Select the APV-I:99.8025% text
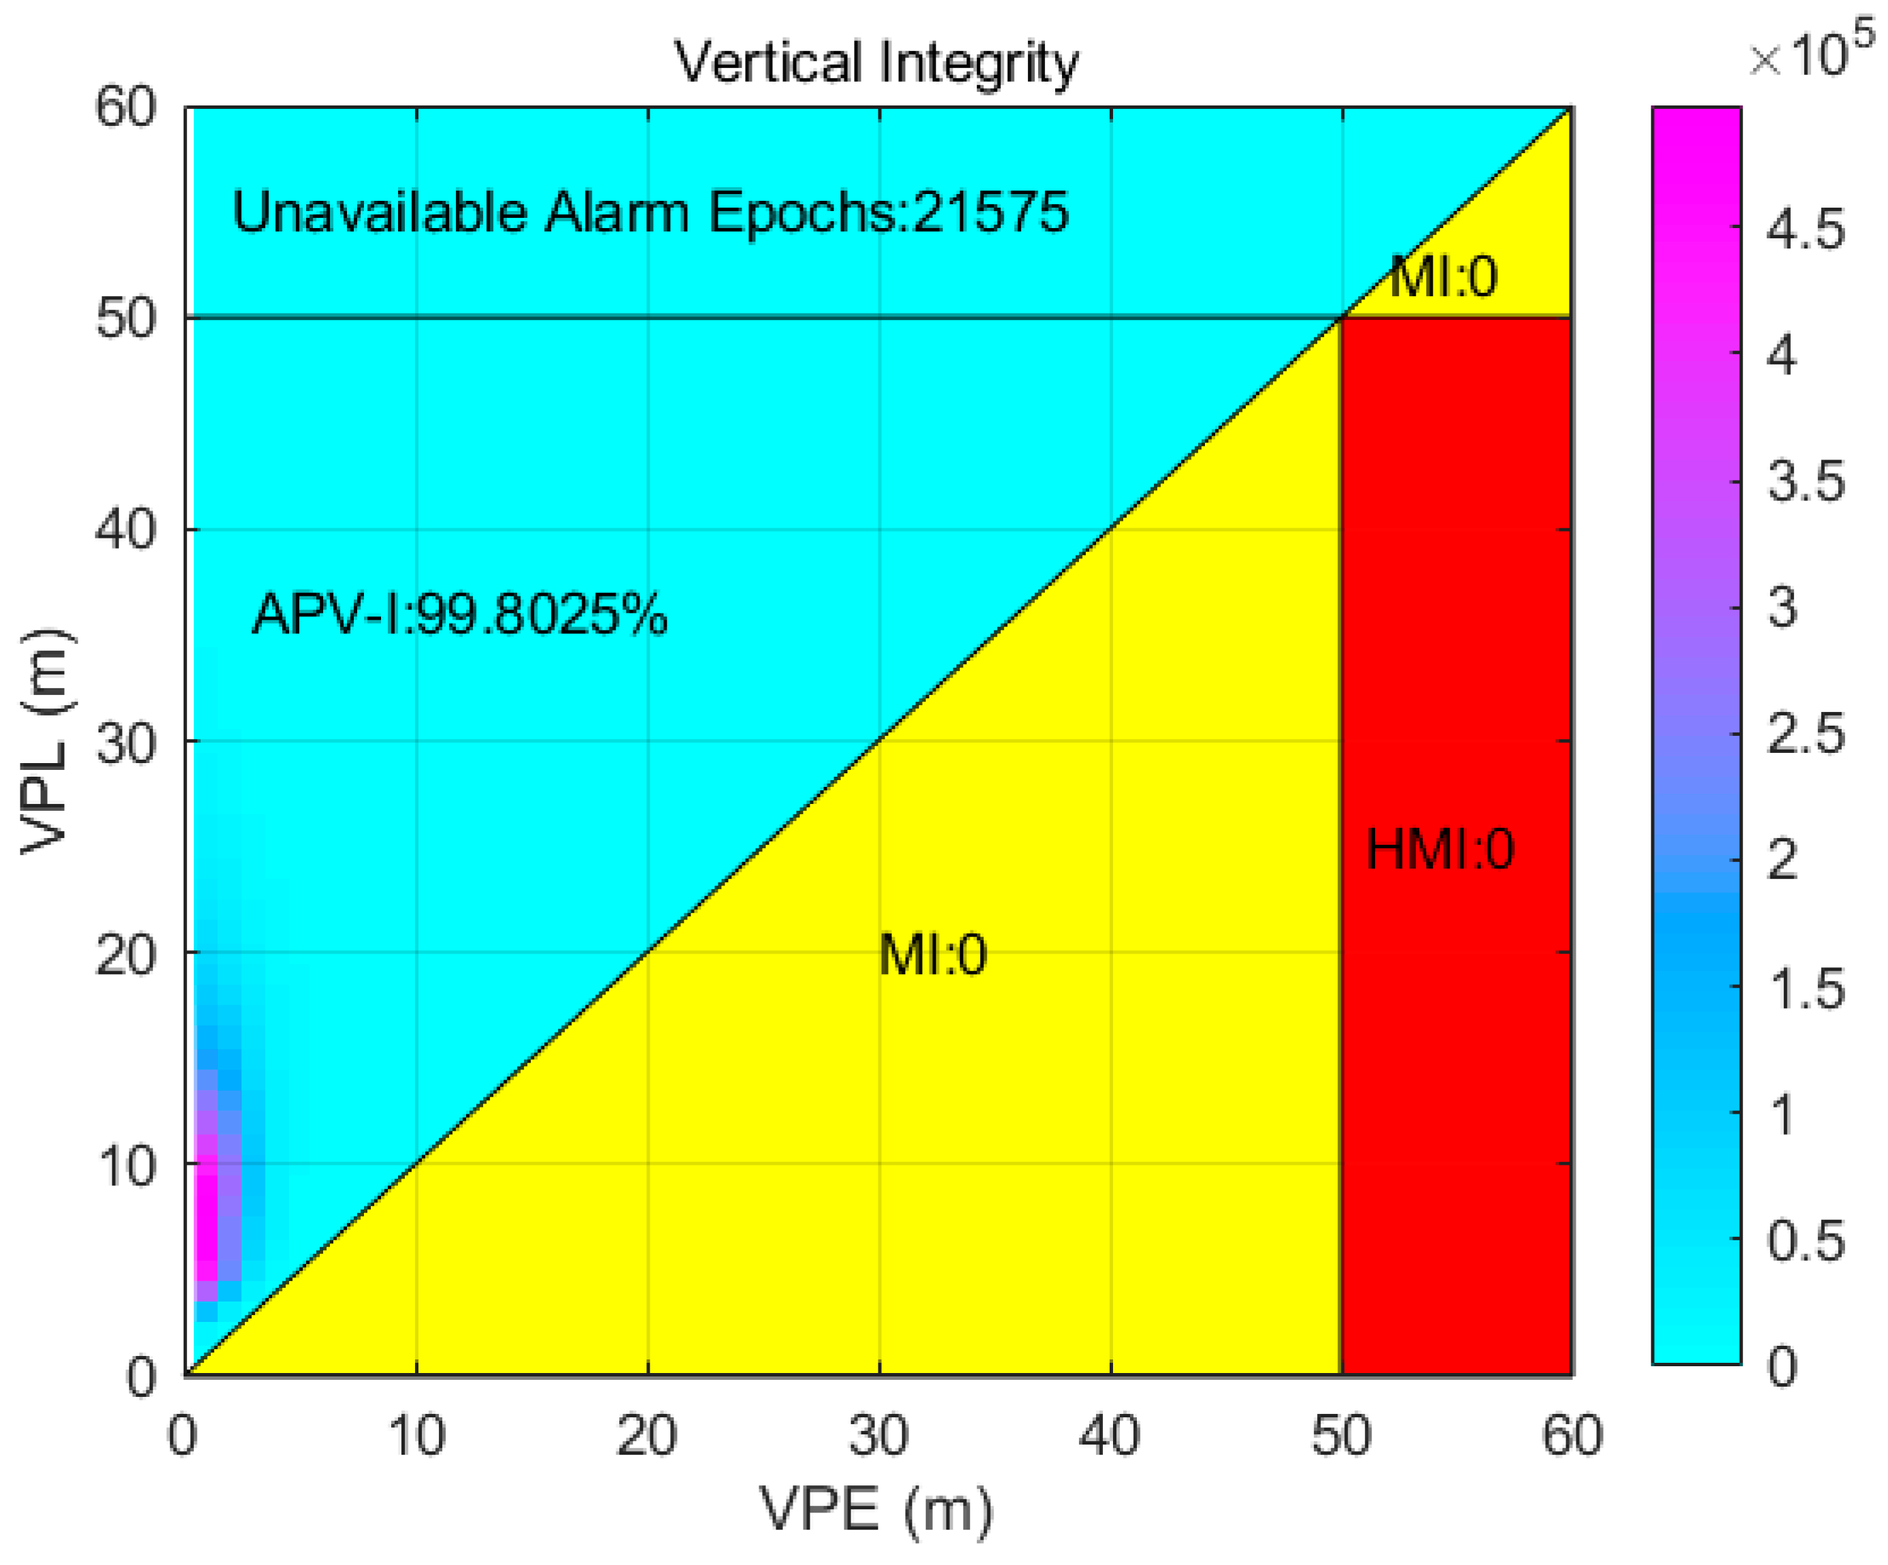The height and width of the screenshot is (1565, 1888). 459,615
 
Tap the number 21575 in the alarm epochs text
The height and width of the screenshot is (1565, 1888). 990,212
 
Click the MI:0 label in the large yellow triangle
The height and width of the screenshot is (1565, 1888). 932,954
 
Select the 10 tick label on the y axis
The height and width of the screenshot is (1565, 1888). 126,1167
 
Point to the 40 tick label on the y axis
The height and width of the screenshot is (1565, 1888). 126,529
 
